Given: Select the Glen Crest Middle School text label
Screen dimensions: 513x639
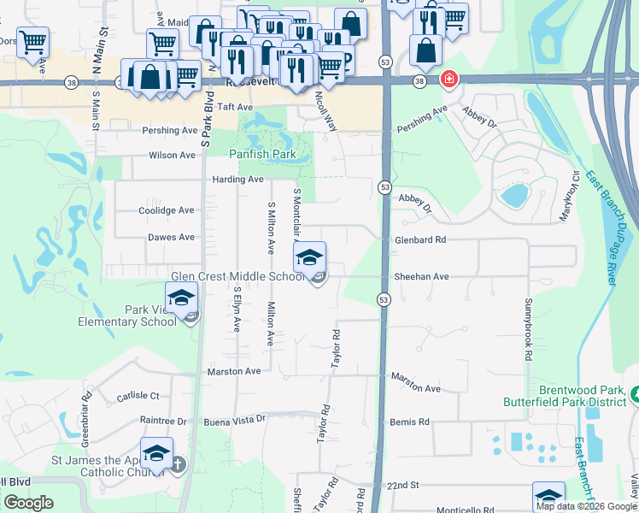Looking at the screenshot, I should tap(237, 276).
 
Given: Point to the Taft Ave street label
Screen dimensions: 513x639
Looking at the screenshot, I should tap(235, 107).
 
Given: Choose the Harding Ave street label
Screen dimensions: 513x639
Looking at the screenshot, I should tap(238, 180).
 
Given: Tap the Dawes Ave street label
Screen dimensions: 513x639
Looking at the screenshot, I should tap(171, 237).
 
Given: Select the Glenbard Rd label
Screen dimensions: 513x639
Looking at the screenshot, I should tap(420, 240).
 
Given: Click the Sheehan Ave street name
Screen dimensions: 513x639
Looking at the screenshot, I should tap(421, 277).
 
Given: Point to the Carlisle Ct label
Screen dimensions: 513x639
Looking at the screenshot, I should tap(138, 396).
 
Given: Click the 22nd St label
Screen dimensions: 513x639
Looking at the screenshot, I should tap(402, 485).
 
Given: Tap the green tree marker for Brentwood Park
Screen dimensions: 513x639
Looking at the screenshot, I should tap(637, 393).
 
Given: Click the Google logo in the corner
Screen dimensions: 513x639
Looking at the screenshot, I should tap(28, 503).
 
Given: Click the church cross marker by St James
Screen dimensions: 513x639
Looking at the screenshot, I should tap(177, 465).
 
